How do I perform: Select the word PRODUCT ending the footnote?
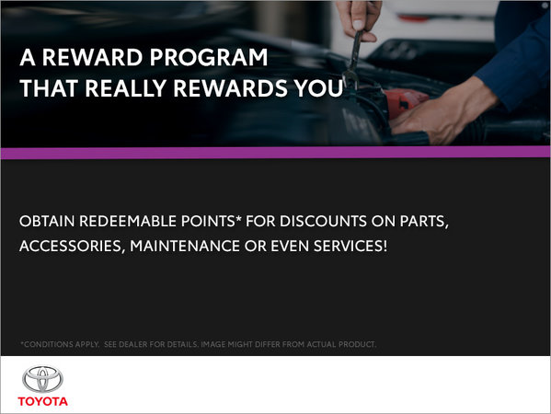(352, 345)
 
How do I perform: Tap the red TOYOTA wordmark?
(44, 401)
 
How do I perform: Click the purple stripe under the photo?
(275, 152)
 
